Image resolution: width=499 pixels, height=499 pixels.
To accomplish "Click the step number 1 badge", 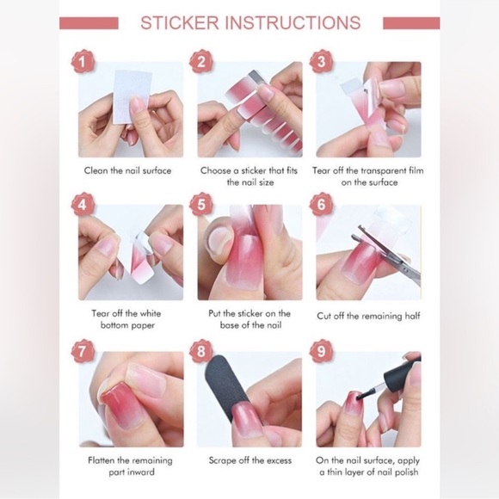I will click(x=83, y=62).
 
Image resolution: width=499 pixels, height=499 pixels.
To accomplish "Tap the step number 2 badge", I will click(x=202, y=62).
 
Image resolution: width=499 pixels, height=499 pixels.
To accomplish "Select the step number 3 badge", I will click(x=321, y=62).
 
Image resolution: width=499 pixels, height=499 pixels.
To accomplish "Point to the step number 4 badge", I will click(x=83, y=206).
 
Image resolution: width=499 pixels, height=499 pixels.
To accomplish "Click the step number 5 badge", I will click(x=202, y=206).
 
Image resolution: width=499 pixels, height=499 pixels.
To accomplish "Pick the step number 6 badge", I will click(x=321, y=206).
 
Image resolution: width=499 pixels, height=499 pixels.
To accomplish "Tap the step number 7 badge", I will click(x=83, y=351).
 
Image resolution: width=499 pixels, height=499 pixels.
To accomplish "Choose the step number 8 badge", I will click(x=202, y=351).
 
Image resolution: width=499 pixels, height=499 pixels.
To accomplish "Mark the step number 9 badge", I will click(x=321, y=351).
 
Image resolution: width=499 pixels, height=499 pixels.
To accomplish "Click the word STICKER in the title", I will click(x=179, y=22).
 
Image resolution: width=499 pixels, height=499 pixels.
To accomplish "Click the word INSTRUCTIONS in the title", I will click(x=293, y=22).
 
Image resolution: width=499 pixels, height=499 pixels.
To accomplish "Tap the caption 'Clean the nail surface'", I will click(x=127, y=170).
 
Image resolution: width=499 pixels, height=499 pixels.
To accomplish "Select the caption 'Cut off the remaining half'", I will click(x=368, y=316).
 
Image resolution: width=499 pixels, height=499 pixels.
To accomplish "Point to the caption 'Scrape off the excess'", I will click(x=249, y=460).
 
